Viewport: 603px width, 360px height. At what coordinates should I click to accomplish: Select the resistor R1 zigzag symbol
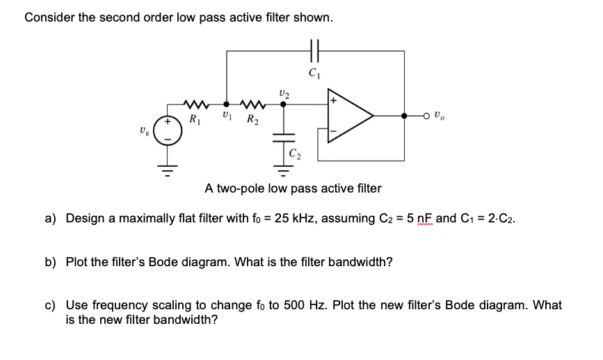[x=193, y=106]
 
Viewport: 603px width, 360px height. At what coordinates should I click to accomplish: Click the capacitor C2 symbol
[x=283, y=136]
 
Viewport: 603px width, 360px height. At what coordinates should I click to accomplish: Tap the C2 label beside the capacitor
[x=296, y=154]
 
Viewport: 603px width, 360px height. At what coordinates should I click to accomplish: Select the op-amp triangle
[x=352, y=117]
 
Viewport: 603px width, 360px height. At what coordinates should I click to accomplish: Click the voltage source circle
[x=166, y=131]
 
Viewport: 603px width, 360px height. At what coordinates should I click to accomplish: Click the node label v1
[x=226, y=116]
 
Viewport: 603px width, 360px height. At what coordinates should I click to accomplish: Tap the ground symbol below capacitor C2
[x=283, y=167]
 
